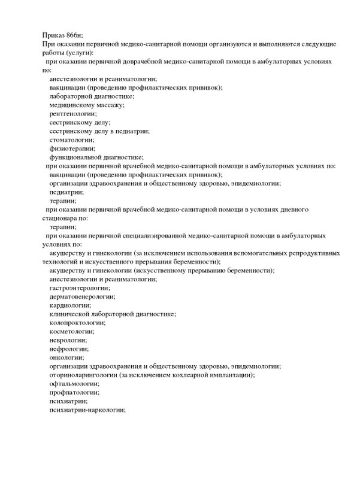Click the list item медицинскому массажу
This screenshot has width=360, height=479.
point(78,105)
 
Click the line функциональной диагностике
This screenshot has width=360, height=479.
point(96,156)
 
